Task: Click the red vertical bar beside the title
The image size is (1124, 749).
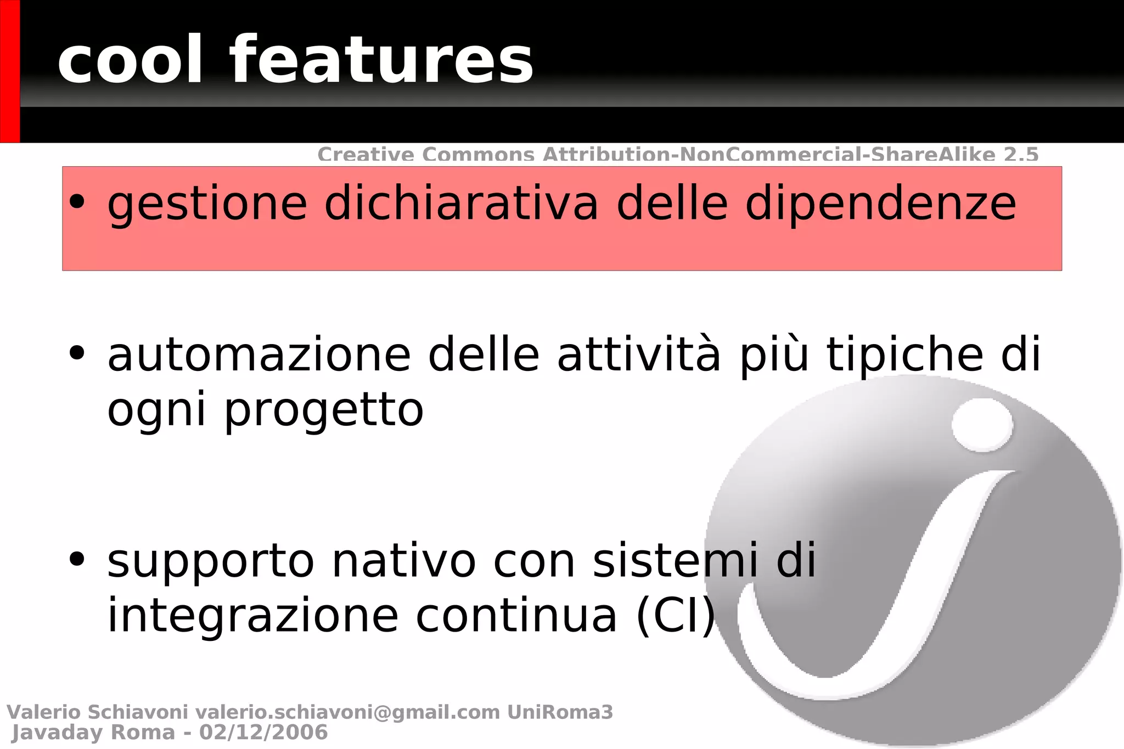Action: [x=10, y=71]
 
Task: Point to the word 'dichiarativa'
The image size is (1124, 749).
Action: [x=461, y=204]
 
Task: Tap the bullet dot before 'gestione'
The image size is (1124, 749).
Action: [x=77, y=202]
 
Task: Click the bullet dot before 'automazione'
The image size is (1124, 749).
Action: [x=77, y=353]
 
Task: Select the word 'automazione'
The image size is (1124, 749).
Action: [x=258, y=356]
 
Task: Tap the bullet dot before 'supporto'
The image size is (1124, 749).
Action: [x=77, y=559]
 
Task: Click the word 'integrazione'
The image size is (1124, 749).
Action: [x=252, y=616]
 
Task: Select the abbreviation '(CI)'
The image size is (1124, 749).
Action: [x=676, y=617]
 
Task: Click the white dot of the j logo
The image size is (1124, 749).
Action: [x=982, y=425]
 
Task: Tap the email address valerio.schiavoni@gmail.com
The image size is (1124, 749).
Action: [x=347, y=712]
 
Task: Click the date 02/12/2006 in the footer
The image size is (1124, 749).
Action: [x=263, y=733]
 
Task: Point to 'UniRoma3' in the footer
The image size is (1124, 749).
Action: [x=560, y=712]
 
